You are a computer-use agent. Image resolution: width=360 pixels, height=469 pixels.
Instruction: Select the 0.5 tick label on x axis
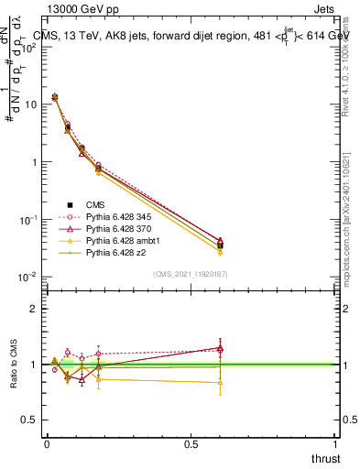pos(191,443)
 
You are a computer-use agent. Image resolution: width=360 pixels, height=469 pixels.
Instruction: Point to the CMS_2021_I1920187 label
pos(190,274)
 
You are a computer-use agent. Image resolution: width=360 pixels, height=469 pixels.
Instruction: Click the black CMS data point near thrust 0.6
pos(219,245)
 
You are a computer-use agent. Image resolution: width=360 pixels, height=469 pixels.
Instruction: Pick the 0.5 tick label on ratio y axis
pos(31,420)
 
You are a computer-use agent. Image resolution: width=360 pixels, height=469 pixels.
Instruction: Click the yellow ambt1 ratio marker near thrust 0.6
pos(219,383)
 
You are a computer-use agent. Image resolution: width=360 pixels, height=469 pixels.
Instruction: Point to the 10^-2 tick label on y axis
pos(28,277)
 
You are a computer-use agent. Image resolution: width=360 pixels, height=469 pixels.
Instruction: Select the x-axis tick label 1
pos(334,443)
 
